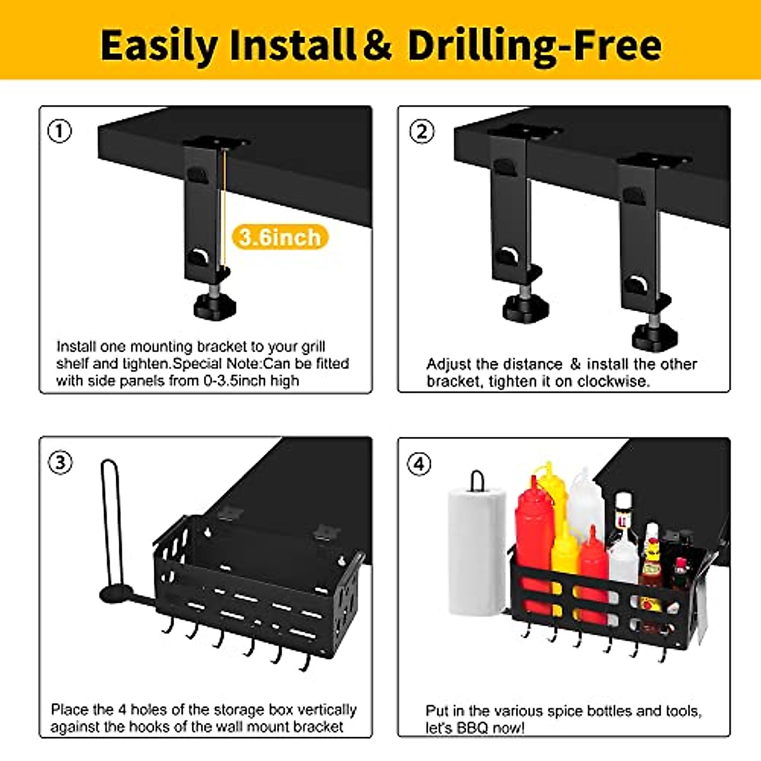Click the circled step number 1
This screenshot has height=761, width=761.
point(60,131)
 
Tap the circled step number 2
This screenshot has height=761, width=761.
point(422,131)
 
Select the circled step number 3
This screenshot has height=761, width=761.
point(60,462)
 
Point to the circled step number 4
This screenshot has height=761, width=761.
point(419,464)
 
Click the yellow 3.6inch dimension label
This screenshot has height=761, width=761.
point(280,237)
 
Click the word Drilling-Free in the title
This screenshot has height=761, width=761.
point(534,46)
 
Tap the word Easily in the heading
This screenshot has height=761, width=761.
point(159,46)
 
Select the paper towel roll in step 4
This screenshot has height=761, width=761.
point(477,552)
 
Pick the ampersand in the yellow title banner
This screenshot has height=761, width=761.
point(378,46)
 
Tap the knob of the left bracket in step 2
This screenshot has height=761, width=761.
point(525,309)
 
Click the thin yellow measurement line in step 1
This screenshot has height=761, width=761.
point(224,209)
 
